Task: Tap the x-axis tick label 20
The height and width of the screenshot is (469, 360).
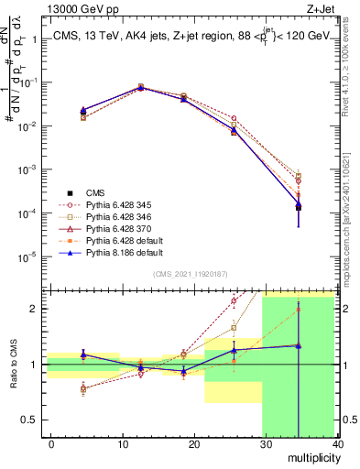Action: pyautogui.click(x=194, y=443)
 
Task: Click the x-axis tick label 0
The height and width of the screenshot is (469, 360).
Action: pyautogui.click(x=52, y=443)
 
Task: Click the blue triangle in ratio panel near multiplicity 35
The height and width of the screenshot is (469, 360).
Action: pyautogui.click(x=299, y=345)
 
